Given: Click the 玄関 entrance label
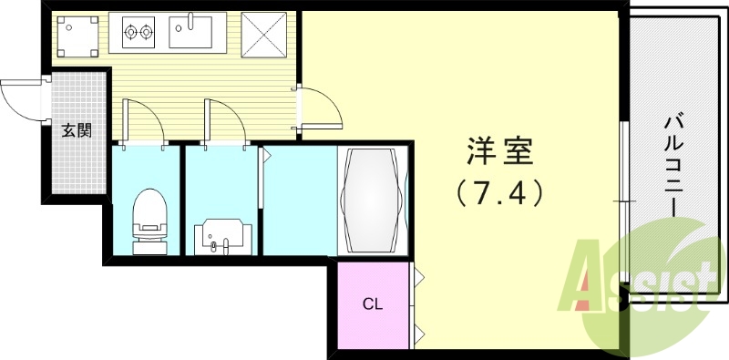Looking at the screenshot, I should coord(77,130).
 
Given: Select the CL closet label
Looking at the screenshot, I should coord(372,303).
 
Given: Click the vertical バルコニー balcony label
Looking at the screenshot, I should coord(675,165).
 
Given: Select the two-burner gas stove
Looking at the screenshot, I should coord(139,33).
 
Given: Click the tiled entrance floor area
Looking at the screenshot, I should coord(77,159).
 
